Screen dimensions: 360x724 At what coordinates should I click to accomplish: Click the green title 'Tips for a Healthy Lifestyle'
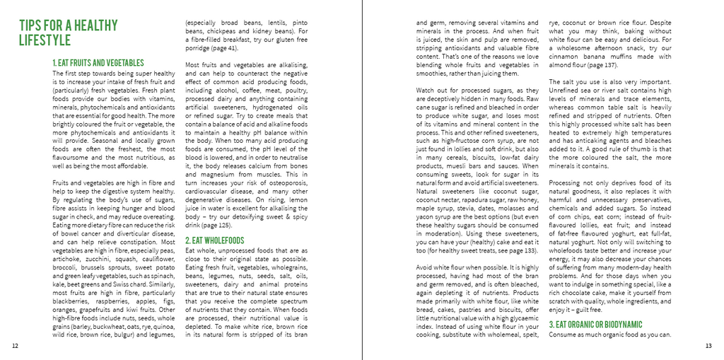tap(68, 33)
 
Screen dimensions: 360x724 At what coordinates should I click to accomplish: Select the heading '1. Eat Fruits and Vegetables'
tap(98, 63)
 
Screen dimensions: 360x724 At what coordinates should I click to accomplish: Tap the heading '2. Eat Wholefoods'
tap(214, 240)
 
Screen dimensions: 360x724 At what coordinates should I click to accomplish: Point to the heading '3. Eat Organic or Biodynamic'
tap(595, 324)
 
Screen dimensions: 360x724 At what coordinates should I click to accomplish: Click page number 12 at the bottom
tap(16, 346)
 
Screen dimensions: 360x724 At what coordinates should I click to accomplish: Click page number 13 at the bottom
tap(708, 346)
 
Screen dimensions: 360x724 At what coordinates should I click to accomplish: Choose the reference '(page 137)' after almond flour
tap(600, 65)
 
